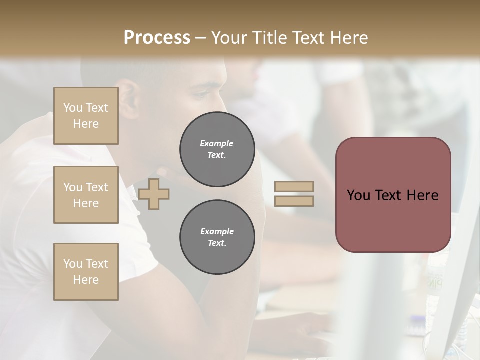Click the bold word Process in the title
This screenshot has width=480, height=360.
(157, 38)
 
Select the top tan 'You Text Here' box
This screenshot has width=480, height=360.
(86, 116)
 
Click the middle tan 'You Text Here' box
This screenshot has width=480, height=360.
(86, 195)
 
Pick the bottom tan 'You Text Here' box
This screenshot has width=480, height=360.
(86, 272)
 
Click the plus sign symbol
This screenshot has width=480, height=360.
(153, 194)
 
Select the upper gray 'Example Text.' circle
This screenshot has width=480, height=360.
(217, 149)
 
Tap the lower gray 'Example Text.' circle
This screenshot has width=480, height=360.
(217, 237)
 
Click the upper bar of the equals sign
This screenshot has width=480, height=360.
(294, 186)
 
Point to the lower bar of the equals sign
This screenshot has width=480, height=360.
(294, 201)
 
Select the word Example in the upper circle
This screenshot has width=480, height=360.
(217, 143)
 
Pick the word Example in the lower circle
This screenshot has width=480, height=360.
(217, 231)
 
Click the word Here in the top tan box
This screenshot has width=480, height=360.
(86, 124)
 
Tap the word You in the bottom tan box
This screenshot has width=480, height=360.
(72, 264)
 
